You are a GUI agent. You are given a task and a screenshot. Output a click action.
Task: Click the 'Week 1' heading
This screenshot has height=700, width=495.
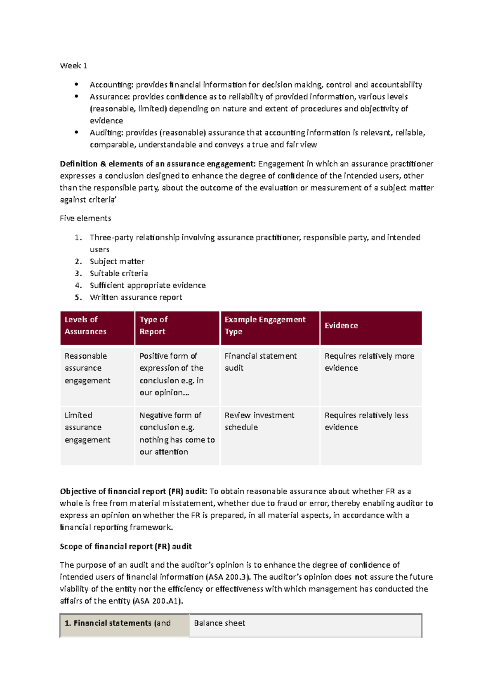(x=73, y=66)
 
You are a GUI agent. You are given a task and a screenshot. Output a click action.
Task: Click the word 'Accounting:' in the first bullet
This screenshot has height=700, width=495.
(x=111, y=85)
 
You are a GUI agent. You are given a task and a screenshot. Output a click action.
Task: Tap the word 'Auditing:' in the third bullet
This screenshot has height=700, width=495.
(x=106, y=133)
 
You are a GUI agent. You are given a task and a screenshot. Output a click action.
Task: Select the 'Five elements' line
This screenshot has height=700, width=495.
(x=85, y=218)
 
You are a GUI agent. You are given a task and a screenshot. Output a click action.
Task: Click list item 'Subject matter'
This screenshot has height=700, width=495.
(x=117, y=261)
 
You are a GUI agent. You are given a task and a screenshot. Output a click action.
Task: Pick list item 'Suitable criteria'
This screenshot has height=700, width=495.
(x=119, y=273)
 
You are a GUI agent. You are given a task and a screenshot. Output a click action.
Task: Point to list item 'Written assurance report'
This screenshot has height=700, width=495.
(x=136, y=297)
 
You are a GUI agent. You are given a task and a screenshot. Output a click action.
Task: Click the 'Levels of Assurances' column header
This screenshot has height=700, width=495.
(x=85, y=325)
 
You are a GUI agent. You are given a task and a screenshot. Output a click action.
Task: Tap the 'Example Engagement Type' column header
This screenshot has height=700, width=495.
(x=265, y=325)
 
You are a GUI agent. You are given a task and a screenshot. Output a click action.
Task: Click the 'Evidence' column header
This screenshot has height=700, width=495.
(x=341, y=326)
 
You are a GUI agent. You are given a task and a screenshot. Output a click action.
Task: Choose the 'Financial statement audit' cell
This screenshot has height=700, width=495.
(x=260, y=362)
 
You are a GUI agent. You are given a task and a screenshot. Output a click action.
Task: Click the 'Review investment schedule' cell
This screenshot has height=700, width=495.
(x=259, y=421)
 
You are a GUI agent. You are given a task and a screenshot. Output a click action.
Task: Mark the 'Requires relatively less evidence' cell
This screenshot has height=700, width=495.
(x=366, y=421)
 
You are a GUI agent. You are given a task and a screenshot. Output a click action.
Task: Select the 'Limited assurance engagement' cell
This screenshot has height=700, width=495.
(x=87, y=428)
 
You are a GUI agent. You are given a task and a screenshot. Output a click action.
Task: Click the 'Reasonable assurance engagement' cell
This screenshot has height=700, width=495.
(x=87, y=368)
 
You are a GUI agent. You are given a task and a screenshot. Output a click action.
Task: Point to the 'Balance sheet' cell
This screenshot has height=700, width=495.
(x=219, y=623)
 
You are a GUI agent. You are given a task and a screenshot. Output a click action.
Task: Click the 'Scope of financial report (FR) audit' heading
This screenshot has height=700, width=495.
(x=126, y=547)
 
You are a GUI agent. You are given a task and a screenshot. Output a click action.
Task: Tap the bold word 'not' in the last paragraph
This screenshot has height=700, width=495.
(x=361, y=577)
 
